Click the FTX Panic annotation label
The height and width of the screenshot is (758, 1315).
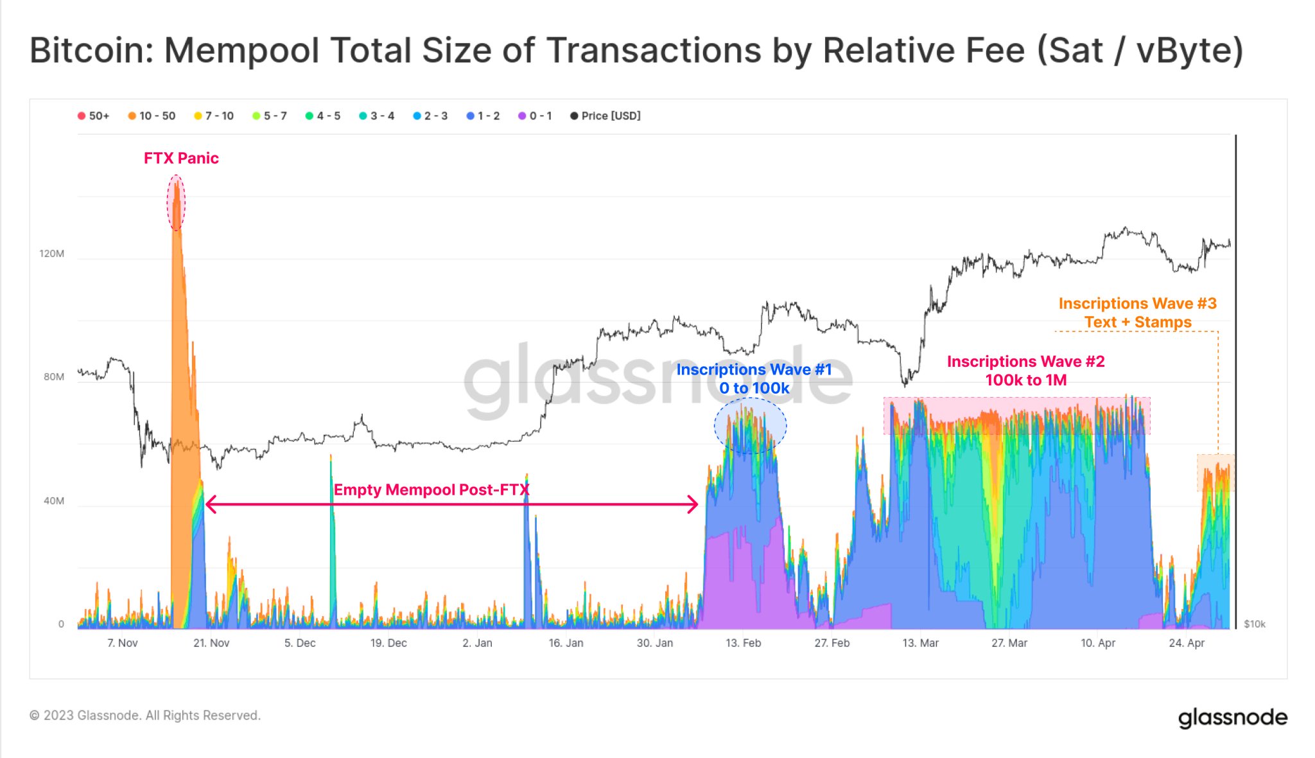[181, 158]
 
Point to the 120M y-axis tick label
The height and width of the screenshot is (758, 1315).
[51, 254]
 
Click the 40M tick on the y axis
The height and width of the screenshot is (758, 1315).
[54, 501]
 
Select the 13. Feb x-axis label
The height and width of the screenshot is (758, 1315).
[743, 643]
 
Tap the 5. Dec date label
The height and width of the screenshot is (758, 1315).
[300, 643]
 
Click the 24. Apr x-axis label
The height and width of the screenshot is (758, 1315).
[1187, 643]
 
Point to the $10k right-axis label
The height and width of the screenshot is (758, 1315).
[1255, 624]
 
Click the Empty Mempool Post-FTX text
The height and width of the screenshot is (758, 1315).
[431, 490]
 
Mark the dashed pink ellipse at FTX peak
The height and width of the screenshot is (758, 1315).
[176, 202]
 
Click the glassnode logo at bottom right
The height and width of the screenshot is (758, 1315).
[1232, 718]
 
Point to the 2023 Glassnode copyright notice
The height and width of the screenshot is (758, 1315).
[145, 715]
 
